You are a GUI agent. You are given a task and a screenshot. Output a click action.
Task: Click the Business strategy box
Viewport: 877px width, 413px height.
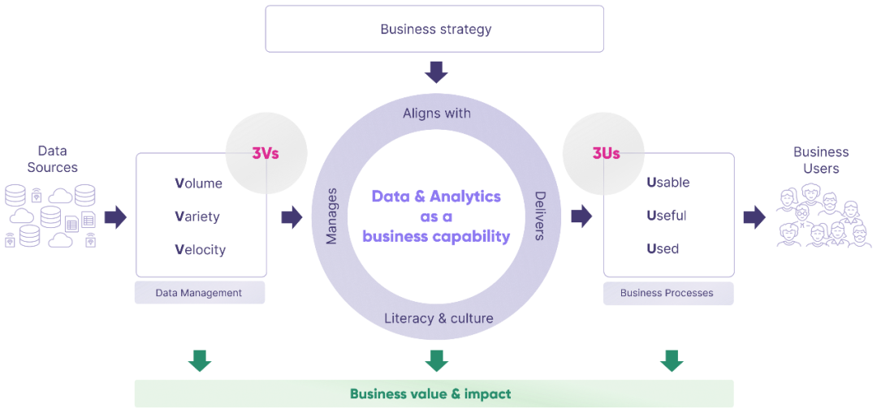pyautogui.click(x=434, y=29)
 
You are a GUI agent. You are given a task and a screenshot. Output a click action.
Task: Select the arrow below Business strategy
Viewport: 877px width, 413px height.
pyautogui.click(x=436, y=72)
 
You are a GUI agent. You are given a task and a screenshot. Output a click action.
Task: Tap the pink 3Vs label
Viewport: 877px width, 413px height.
pyautogui.click(x=266, y=153)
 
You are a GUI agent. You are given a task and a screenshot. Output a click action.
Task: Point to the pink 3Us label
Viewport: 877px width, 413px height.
pyautogui.click(x=606, y=153)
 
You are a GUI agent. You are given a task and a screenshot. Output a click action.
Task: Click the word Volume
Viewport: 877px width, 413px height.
pyautogui.click(x=199, y=183)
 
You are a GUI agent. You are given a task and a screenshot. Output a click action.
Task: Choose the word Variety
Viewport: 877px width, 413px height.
pyautogui.click(x=197, y=217)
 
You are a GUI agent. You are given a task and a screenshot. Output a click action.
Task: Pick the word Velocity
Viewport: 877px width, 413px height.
pyautogui.click(x=201, y=249)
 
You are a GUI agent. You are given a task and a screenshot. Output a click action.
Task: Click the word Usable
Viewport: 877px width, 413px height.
pyautogui.click(x=668, y=183)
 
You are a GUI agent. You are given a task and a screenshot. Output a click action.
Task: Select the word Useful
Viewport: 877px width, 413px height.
pyautogui.click(x=667, y=215)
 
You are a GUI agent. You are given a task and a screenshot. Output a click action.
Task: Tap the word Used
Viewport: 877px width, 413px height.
pyautogui.click(x=663, y=248)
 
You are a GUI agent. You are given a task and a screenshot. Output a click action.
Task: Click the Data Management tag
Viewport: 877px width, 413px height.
pyautogui.click(x=200, y=293)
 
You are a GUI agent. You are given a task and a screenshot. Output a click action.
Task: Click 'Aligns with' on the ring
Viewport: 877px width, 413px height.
pyautogui.click(x=437, y=114)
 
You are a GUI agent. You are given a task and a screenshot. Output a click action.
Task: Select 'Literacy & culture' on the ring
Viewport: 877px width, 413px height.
pyautogui.click(x=439, y=319)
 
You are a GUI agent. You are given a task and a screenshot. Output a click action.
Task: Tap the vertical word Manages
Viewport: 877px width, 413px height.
pyautogui.click(x=331, y=217)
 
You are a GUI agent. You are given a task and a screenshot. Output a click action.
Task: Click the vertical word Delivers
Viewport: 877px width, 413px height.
pyautogui.click(x=540, y=216)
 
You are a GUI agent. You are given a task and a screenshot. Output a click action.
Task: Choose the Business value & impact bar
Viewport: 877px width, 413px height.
pyautogui.click(x=434, y=394)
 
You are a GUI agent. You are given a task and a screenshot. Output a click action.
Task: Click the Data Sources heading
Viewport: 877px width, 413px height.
pyautogui.click(x=53, y=159)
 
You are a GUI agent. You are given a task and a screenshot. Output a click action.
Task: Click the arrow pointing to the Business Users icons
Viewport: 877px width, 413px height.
pyautogui.click(x=754, y=217)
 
